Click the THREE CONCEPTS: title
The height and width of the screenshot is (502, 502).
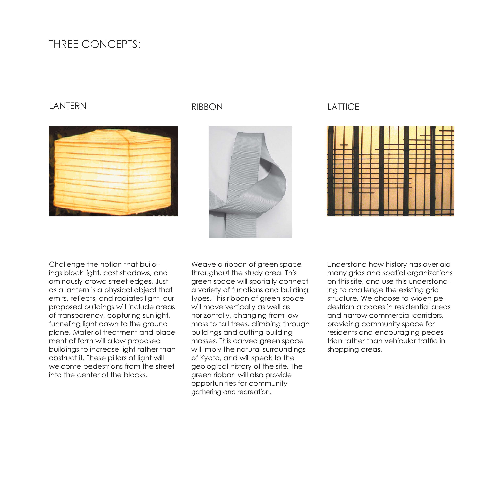95,44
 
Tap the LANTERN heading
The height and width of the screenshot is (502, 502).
68,106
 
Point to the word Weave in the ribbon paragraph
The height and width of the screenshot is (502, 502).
203,264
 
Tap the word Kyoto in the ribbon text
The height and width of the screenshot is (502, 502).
210,358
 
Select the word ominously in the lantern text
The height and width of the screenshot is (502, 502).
66,281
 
